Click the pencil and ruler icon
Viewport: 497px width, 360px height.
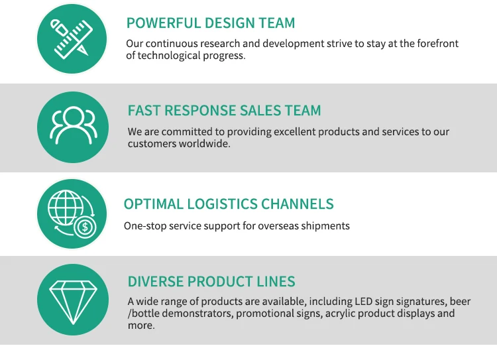pos(72,38)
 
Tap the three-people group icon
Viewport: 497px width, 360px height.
pos(72,126)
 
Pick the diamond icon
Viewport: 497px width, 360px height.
pos(72,299)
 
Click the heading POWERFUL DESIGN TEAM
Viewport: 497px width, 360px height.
pos(211,23)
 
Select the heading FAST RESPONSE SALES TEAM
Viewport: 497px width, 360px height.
pos(224,111)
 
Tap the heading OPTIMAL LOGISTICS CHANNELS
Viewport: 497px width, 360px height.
pos(229,204)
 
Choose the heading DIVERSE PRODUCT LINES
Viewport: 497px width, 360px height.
pos(211,281)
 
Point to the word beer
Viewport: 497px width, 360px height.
pos(461,302)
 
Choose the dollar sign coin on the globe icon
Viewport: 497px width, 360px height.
pos(85,227)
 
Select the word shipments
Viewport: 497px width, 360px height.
pos(325,226)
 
